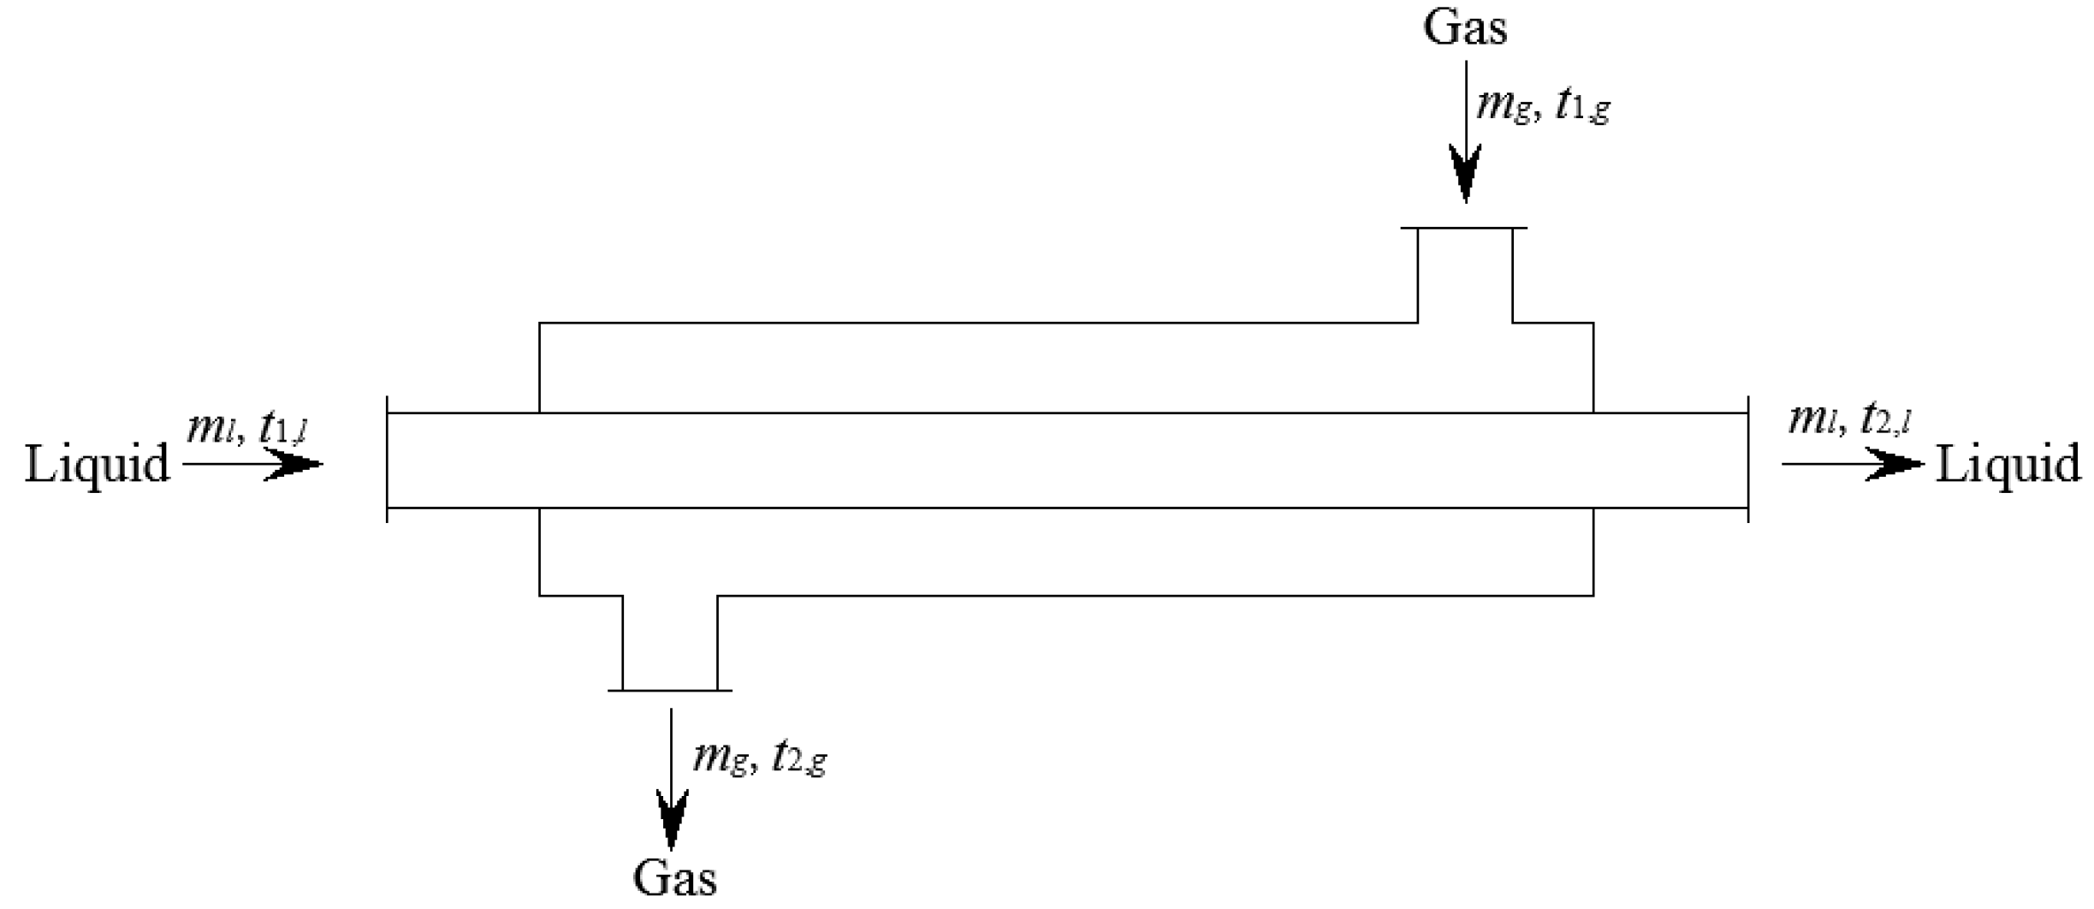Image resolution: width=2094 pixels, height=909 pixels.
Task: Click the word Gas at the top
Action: click(x=1464, y=27)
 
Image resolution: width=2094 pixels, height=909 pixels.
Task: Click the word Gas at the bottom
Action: click(x=674, y=877)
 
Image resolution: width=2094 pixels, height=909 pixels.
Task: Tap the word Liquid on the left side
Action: click(x=97, y=465)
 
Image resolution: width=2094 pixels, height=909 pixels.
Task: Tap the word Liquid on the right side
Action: click(x=2008, y=465)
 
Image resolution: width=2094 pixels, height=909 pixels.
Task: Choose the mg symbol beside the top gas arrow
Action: click(x=1503, y=108)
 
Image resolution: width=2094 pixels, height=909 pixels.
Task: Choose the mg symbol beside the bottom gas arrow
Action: click(x=720, y=758)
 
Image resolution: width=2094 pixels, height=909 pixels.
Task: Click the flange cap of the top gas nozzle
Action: click(x=1464, y=229)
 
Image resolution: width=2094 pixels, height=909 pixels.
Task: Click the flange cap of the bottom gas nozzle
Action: click(x=670, y=690)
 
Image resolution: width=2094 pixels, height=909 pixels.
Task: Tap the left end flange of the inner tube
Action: click(x=387, y=460)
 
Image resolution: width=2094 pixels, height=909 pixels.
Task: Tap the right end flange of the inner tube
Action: click(x=1747, y=460)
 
